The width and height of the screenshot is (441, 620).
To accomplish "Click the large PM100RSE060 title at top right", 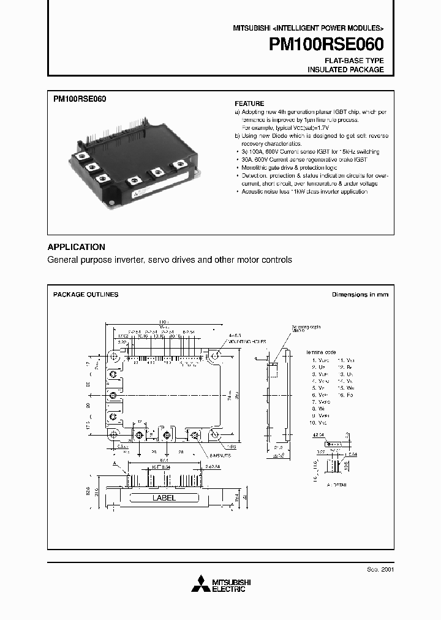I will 326,45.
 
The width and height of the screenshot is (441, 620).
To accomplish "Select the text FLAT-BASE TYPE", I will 355,61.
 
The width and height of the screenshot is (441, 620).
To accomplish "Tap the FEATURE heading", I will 250,104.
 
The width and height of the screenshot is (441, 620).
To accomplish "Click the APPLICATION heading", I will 77,247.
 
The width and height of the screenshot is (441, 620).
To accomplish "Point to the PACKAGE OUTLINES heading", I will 86,295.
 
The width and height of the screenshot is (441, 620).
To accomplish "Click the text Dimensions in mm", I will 360,295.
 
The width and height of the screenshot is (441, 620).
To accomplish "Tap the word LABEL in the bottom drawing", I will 164,498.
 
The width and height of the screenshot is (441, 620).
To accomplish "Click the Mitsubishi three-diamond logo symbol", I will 199,585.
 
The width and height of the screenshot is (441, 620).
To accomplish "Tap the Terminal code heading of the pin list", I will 322,352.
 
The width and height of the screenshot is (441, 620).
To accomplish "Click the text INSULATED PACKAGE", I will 345,70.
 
